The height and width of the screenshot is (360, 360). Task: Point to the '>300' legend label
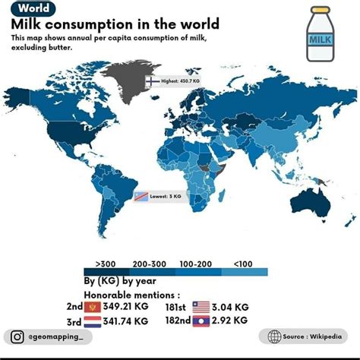106,263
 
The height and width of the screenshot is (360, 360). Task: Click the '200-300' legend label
149,263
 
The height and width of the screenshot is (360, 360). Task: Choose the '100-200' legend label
195,263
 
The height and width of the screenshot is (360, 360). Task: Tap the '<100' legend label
242,263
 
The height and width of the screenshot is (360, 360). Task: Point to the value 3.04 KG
232,307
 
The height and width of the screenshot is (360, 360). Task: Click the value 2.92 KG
232,321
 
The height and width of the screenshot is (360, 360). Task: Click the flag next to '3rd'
93,321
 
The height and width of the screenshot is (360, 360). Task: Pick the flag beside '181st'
201,307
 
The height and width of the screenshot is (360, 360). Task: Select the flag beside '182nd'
201,321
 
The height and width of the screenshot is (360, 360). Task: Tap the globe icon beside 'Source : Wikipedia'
274,336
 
